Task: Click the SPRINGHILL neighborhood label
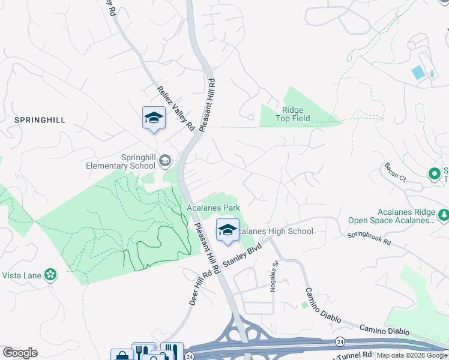40,120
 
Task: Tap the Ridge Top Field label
293,114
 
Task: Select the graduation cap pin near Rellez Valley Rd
154,118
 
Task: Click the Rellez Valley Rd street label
175,108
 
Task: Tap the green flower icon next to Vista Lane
50,274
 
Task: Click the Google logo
20,353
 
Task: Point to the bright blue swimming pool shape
418,73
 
